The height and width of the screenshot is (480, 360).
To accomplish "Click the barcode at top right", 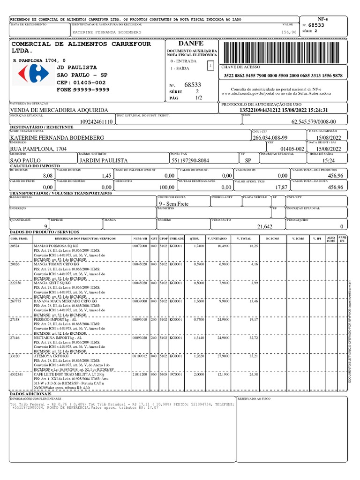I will pos(285,51).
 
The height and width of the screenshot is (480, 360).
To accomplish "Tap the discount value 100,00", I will pos(166,187).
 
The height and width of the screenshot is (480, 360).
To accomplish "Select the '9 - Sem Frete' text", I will pos(174,203).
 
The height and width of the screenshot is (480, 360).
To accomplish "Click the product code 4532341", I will pos(16,374).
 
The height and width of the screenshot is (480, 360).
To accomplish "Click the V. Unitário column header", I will pos(220,239).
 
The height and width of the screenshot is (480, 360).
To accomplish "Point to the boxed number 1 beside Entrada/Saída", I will pos(210,65).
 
